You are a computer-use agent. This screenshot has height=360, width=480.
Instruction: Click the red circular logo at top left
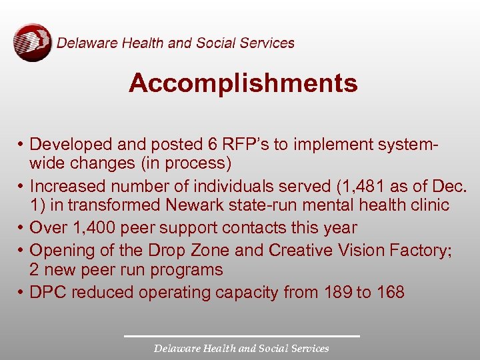coord(32,43)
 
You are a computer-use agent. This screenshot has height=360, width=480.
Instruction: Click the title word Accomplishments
coord(243,83)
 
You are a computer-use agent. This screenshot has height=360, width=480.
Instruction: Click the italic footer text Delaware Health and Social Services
coord(241,348)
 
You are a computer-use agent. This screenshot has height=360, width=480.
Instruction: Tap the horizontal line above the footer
coord(241,336)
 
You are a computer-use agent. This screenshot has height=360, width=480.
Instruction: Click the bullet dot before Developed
coord(23,145)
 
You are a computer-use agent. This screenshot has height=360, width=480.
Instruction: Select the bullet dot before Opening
coord(23,251)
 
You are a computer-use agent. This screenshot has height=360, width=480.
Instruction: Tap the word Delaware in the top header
coord(87,43)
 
